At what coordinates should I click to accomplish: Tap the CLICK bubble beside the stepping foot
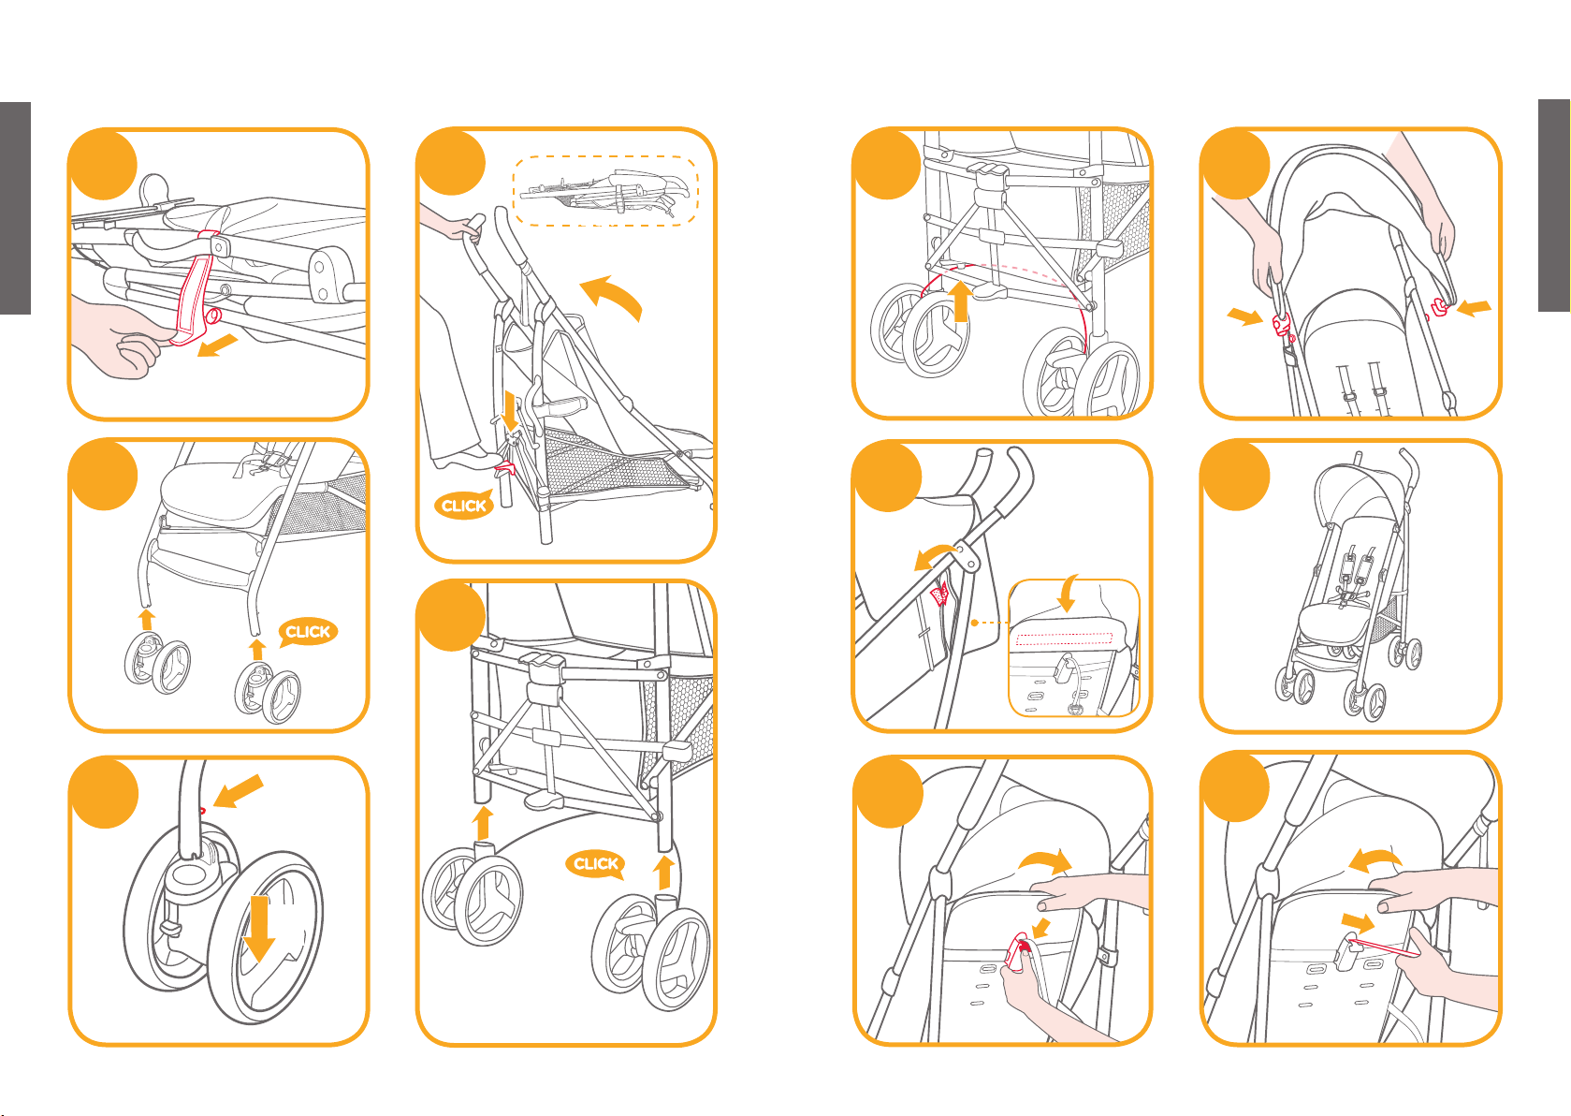463,506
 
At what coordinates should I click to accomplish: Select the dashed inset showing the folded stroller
605,190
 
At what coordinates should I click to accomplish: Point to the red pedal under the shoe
506,466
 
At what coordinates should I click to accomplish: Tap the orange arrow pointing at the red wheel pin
238,791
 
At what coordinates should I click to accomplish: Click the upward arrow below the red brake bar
959,301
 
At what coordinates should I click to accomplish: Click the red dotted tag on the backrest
940,592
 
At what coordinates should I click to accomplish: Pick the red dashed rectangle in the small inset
1064,639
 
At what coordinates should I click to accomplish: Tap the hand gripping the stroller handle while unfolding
467,228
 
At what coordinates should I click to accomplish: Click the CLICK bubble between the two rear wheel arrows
595,863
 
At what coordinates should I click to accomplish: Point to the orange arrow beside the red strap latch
217,346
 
